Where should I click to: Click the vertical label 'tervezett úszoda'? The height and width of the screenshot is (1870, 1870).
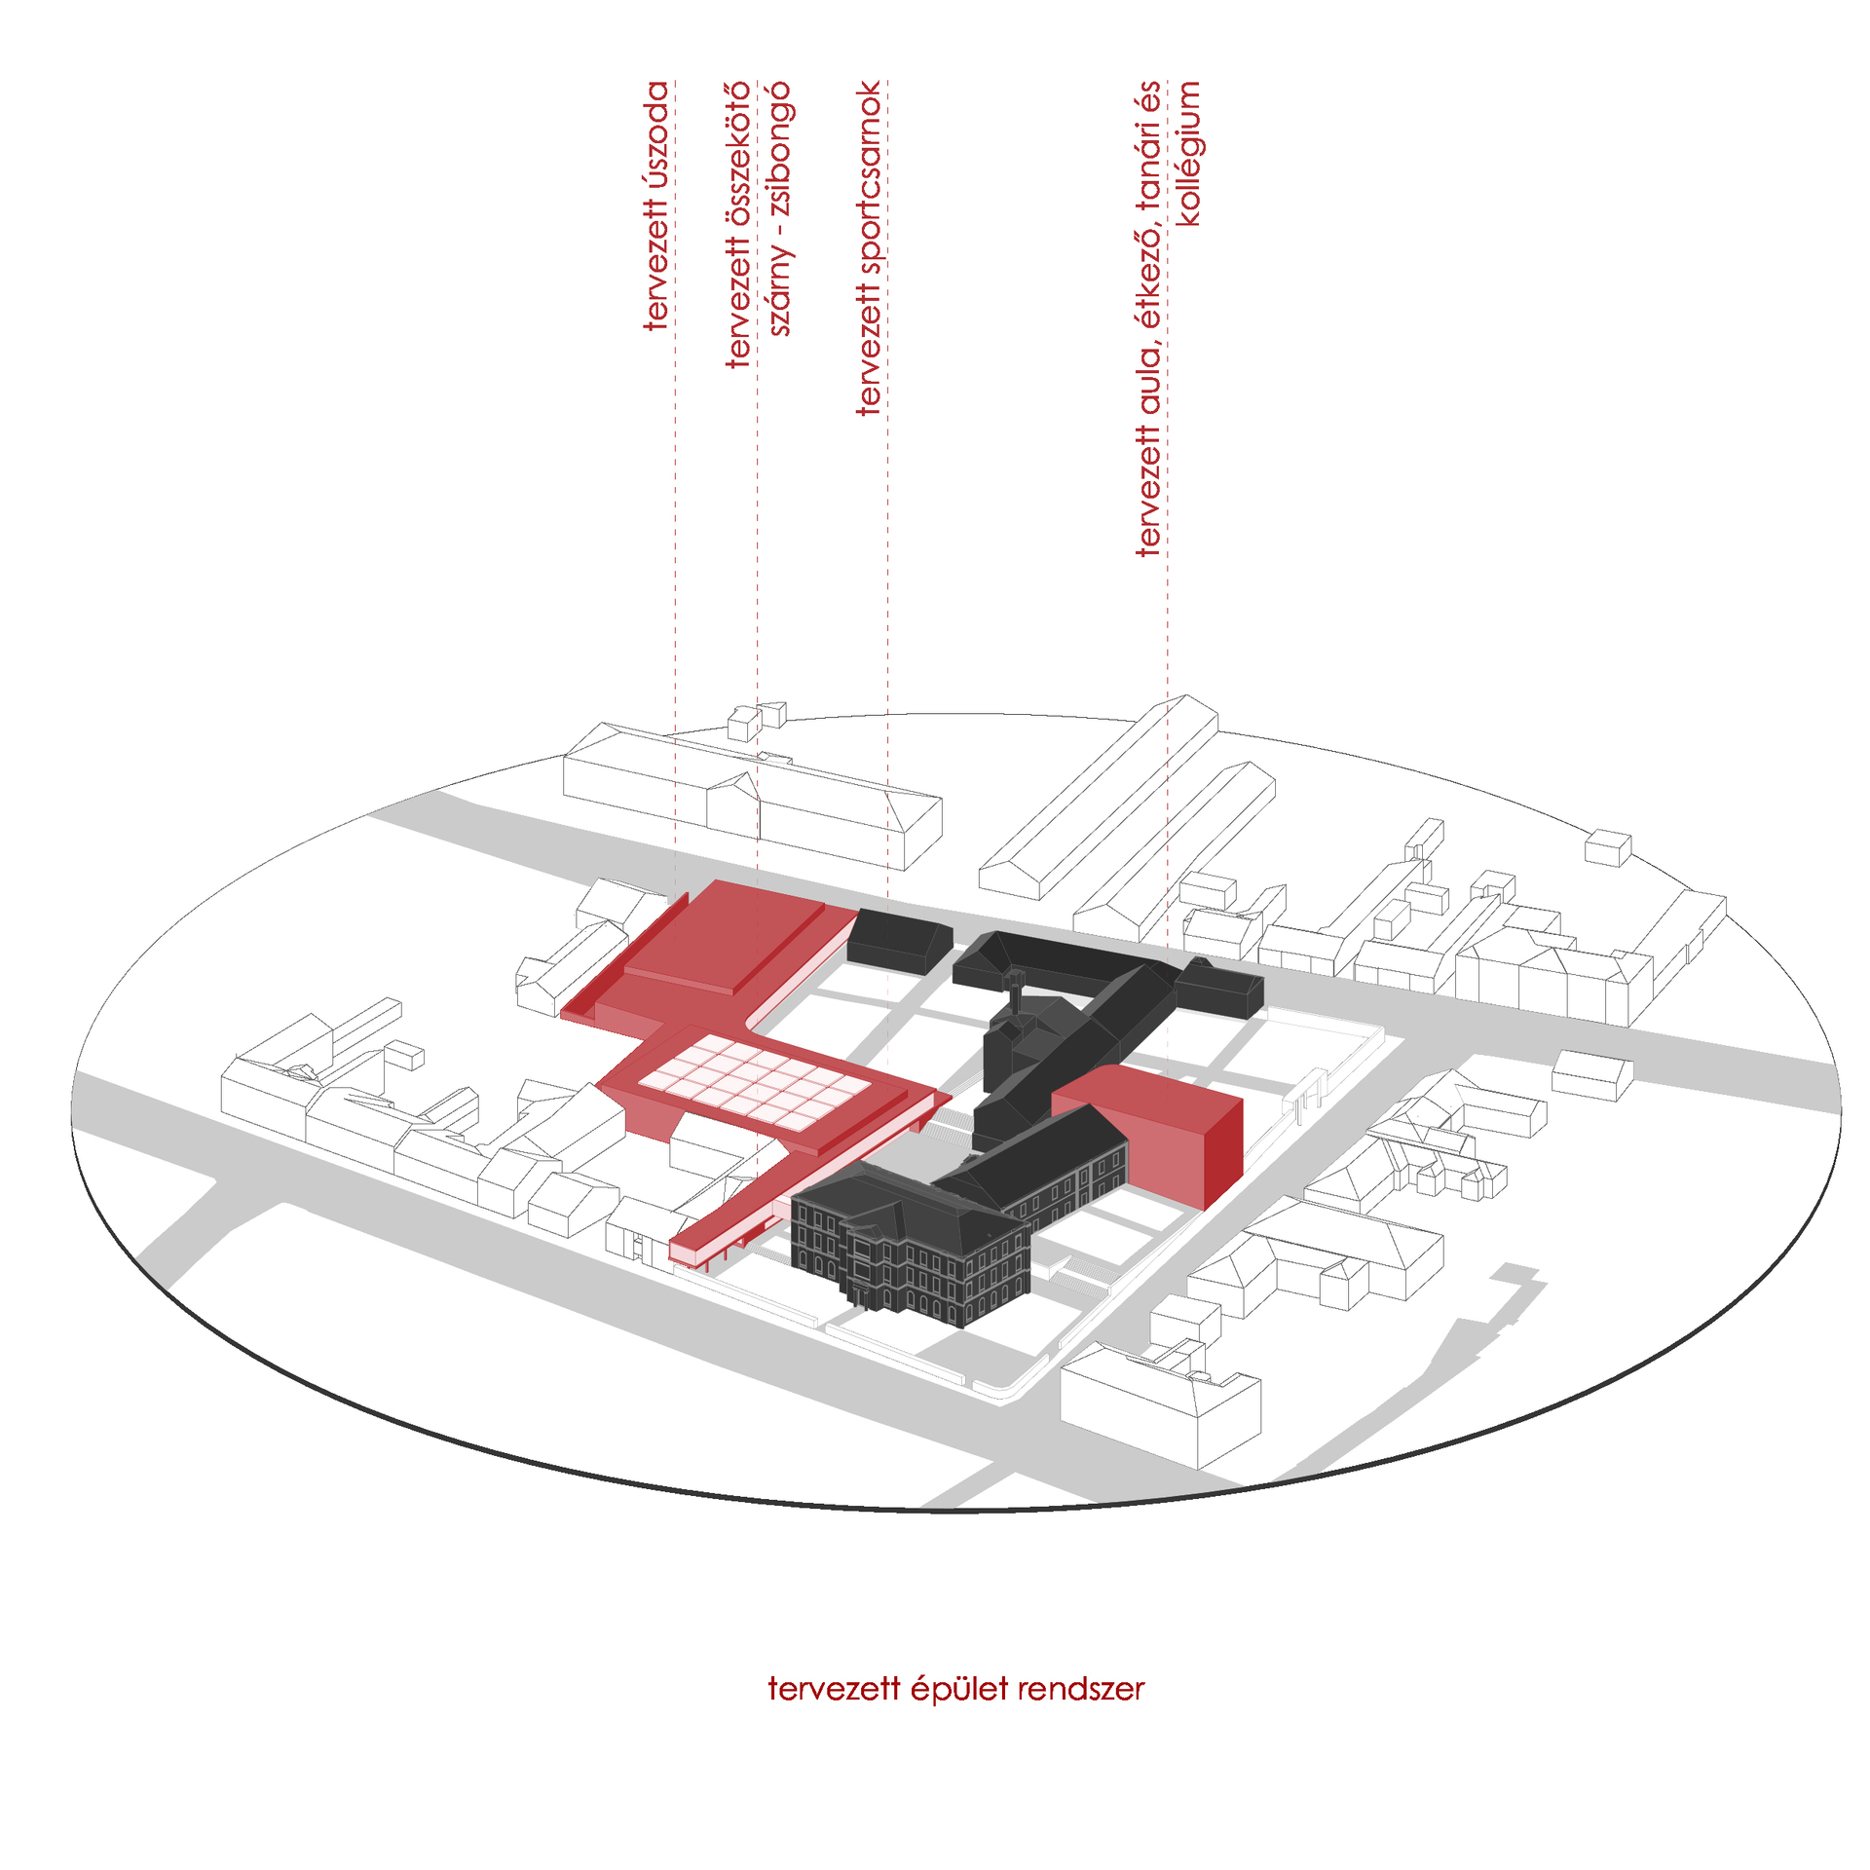point(657,206)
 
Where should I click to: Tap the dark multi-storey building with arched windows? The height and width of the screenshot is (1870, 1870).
point(911,1246)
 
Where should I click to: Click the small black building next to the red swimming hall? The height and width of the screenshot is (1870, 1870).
point(899,939)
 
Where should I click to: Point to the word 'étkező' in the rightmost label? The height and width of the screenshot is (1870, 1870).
point(1150,276)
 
